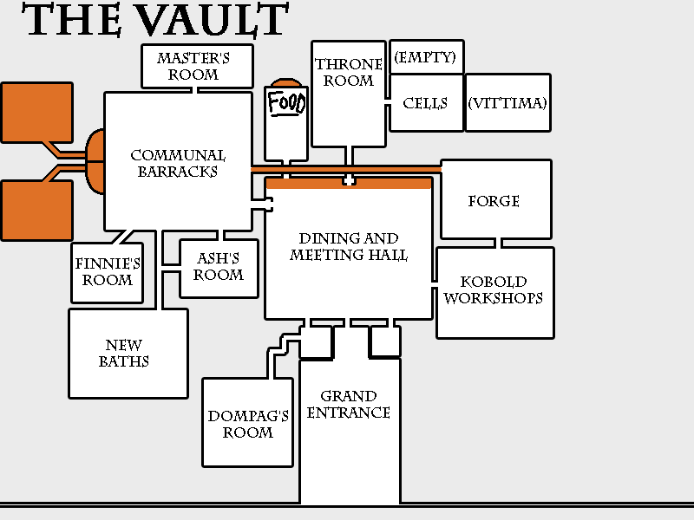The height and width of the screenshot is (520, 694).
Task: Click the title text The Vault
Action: click(156, 21)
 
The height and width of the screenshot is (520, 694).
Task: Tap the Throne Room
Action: click(348, 74)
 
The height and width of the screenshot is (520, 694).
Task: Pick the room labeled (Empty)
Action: click(426, 57)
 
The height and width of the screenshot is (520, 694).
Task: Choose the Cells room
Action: click(425, 103)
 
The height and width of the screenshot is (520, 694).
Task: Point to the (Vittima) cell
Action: click(507, 103)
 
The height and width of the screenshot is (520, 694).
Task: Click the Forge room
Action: click(494, 200)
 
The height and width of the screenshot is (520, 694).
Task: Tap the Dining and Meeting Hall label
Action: click(349, 247)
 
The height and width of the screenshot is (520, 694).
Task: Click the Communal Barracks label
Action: click(178, 163)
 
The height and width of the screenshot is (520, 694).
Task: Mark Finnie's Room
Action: click(108, 272)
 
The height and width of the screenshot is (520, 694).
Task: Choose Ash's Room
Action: click(219, 267)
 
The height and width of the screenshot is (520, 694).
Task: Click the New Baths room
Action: click(128, 354)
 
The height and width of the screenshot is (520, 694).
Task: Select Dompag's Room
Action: click(248, 424)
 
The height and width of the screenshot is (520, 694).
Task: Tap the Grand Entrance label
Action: click(349, 405)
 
